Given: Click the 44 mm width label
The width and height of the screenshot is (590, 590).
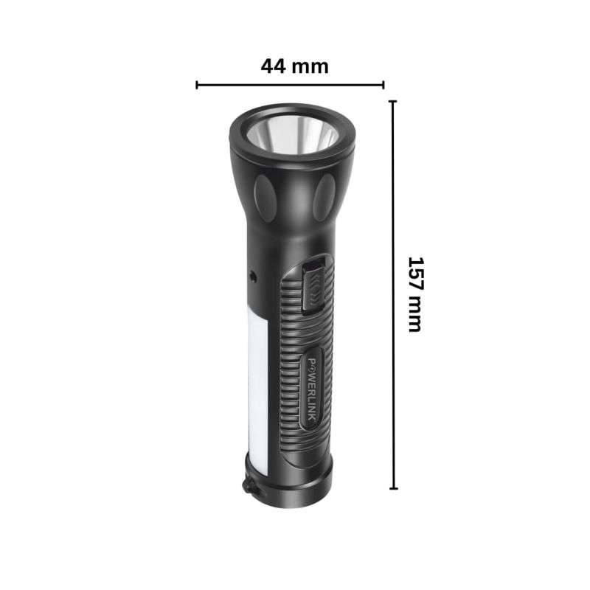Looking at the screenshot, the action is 294,66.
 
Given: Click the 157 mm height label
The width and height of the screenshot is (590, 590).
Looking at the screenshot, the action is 416,294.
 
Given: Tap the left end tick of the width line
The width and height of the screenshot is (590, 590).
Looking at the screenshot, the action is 197,85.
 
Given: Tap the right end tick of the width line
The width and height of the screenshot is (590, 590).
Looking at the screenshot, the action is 383,85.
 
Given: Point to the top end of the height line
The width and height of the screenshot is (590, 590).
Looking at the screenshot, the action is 393,102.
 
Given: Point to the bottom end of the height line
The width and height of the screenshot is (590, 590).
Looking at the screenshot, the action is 393,488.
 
